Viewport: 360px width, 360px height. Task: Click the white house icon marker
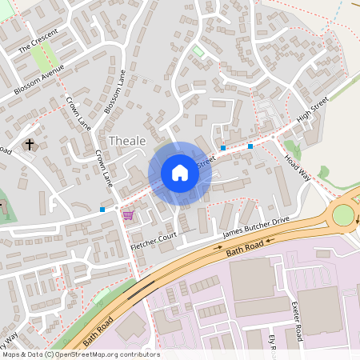[x=180, y=173]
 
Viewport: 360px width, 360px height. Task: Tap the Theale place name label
[x=127, y=141]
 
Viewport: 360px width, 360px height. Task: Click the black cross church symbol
[x=30, y=145]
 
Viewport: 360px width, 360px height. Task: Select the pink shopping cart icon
[x=128, y=215]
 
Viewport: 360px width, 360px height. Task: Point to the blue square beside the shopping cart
[x=102, y=210]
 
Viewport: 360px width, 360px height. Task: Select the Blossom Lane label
[x=114, y=90]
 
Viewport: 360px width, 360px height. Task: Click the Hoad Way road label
[x=297, y=168]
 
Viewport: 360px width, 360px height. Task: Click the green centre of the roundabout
[x=342, y=214]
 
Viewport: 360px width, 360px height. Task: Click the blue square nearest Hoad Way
[x=250, y=146]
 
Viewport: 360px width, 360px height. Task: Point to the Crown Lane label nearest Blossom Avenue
[x=78, y=113]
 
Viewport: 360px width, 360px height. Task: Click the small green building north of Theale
[x=198, y=50]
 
